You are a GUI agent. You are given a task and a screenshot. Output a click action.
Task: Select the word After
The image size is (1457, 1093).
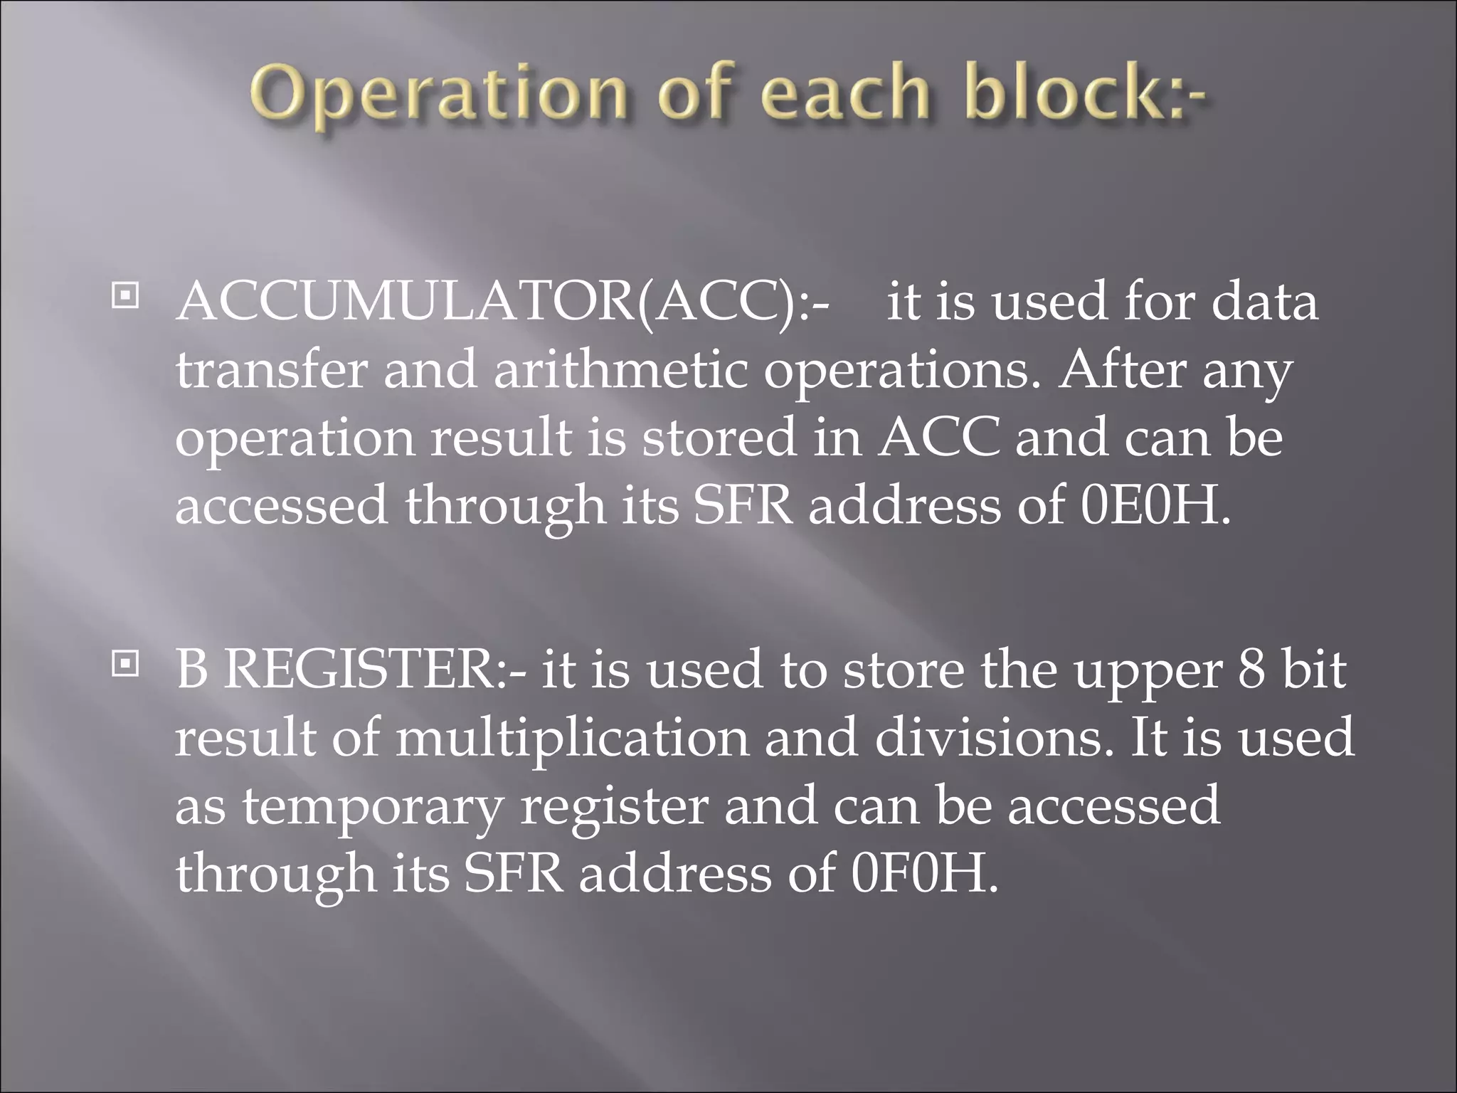click(1122, 370)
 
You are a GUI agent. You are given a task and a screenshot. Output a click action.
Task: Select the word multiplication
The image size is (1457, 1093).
click(572, 738)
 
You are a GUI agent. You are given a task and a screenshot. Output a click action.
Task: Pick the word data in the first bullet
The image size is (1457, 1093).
click(1265, 301)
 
